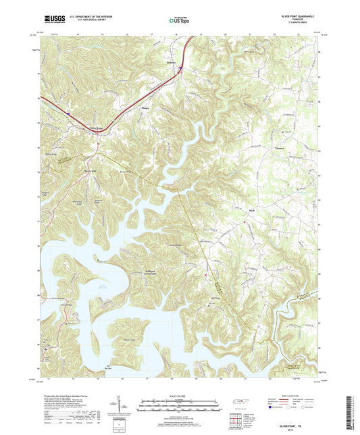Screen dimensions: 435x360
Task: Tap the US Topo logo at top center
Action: tap(179, 21)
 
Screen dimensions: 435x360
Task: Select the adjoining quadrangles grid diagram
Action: tap(234, 419)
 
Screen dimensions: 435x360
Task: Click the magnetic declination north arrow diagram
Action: tap(126, 405)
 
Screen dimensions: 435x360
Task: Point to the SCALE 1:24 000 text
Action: tap(179, 395)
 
